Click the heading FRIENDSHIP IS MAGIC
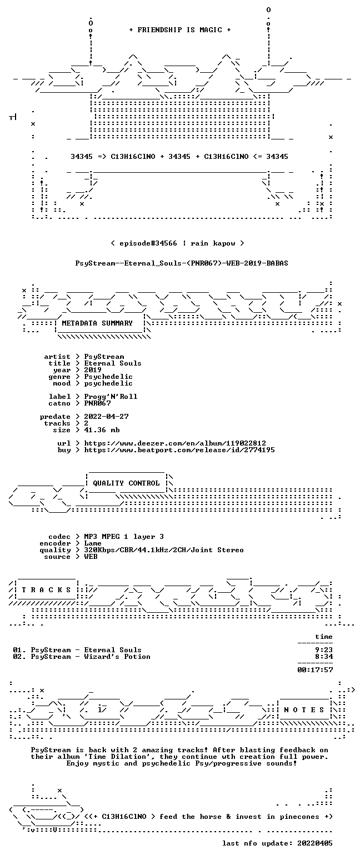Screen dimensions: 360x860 coord(180,30)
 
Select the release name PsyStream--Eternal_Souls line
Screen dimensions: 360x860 coord(182,263)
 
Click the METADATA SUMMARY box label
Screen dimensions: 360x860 coord(97,323)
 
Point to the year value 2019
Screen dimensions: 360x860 coord(93,370)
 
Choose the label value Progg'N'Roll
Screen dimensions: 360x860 coord(111,397)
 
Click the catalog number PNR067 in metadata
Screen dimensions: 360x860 coord(97,403)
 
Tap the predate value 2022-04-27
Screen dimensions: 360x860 coord(106,417)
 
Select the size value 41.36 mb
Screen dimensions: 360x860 coord(102,430)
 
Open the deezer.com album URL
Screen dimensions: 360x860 coord(175,443)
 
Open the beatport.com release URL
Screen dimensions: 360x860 coord(179,450)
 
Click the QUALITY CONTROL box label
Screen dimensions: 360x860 coord(126,483)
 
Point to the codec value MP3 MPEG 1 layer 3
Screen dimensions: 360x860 coord(124,537)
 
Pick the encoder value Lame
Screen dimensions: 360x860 coord(93,544)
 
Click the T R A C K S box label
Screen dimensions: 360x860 coord(47,590)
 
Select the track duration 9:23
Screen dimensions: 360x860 coord(324,650)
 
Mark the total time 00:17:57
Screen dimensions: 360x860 coord(315,670)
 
